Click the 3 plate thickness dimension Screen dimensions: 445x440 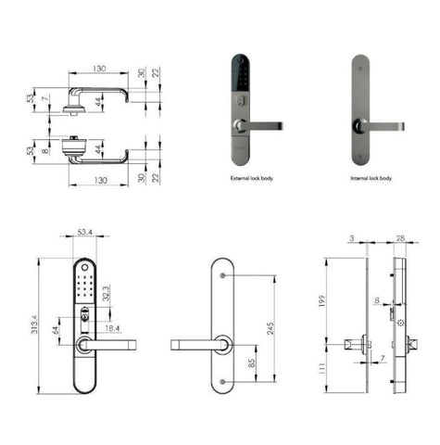[x=353, y=240]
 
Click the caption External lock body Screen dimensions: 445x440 [x=250, y=177]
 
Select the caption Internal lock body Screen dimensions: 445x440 [x=371, y=177]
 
